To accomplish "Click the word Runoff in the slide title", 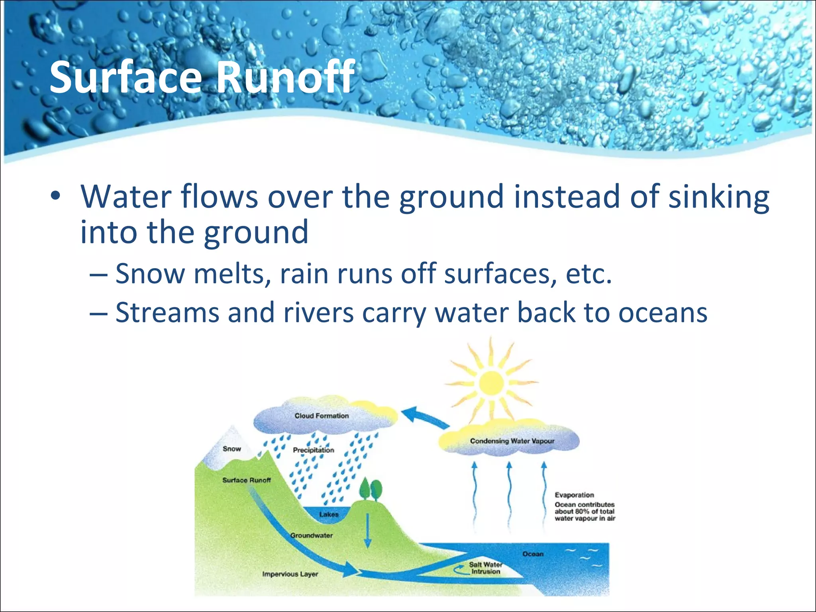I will click(x=285, y=77).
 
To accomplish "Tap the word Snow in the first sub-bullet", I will click(x=150, y=274).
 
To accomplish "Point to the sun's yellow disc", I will click(x=491, y=383).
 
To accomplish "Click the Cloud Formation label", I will click(x=321, y=416).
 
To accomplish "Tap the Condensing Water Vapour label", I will click(x=512, y=441).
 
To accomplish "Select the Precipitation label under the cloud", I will click(x=313, y=450).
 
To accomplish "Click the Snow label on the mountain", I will click(x=231, y=449).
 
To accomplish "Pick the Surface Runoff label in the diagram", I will click(x=246, y=480).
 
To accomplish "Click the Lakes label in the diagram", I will click(x=329, y=514).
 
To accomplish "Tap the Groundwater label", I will click(x=311, y=535).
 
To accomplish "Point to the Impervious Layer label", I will click(x=290, y=574).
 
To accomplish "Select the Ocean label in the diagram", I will click(x=533, y=554).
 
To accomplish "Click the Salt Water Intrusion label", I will click(x=485, y=568).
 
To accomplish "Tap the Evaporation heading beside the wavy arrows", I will click(x=574, y=495).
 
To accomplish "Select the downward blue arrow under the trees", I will click(x=367, y=530).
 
